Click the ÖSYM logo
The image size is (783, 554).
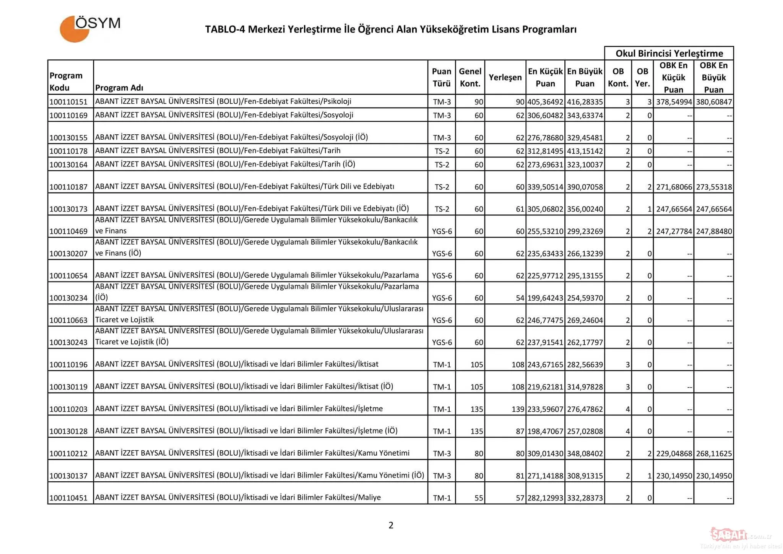click(90, 28)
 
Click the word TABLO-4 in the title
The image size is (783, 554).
click(224, 29)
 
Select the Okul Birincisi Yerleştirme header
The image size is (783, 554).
click(669, 53)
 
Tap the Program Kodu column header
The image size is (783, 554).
click(66, 81)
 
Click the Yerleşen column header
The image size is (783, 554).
click(505, 77)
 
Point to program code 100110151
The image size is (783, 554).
click(68, 102)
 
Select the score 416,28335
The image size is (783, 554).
click(585, 102)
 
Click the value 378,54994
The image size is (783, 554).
click(674, 102)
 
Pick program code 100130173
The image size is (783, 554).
click(68, 209)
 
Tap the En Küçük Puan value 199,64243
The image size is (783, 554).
click(545, 298)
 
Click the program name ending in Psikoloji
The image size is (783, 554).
click(223, 101)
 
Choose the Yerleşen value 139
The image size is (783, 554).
click(518, 409)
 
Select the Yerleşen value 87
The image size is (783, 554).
click(520, 431)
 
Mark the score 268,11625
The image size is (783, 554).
click(713, 453)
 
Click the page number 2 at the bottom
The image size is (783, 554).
click(391, 525)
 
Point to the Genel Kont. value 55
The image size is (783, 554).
click(479, 498)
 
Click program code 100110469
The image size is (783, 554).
click(68, 231)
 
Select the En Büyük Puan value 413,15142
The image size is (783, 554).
click(585, 151)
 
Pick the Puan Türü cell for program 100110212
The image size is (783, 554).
click(442, 453)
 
